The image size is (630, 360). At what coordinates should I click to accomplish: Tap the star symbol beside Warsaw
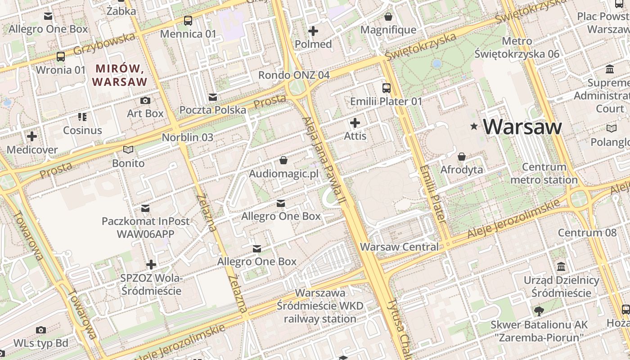click(x=473, y=126)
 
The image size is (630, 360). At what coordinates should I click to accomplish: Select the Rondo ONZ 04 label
click(x=294, y=75)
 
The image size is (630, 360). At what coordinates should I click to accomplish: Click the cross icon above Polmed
click(x=313, y=31)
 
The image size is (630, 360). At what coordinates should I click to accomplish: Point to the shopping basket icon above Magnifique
click(x=388, y=17)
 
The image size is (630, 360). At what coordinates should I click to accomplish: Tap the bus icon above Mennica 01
click(x=188, y=21)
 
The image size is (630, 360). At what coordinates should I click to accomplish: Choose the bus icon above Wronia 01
click(x=61, y=57)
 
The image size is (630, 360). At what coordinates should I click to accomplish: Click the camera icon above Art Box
click(x=145, y=100)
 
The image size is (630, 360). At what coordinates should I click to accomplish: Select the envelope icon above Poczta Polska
click(x=213, y=97)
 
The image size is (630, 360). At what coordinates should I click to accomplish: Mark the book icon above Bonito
click(x=128, y=150)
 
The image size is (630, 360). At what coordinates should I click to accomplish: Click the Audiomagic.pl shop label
click(x=283, y=173)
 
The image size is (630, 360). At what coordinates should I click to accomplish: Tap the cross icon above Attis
click(x=355, y=122)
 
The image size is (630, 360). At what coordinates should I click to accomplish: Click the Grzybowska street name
click(x=104, y=44)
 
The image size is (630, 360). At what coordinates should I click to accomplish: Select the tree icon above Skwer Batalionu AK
click(x=538, y=311)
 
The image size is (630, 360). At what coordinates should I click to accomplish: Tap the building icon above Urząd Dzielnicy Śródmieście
click(x=561, y=267)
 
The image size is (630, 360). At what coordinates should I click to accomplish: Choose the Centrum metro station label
click(x=544, y=173)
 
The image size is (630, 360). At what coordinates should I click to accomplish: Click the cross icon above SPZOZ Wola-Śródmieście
click(x=151, y=265)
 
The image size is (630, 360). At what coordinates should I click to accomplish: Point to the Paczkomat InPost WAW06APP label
click(x=145, y=227)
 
